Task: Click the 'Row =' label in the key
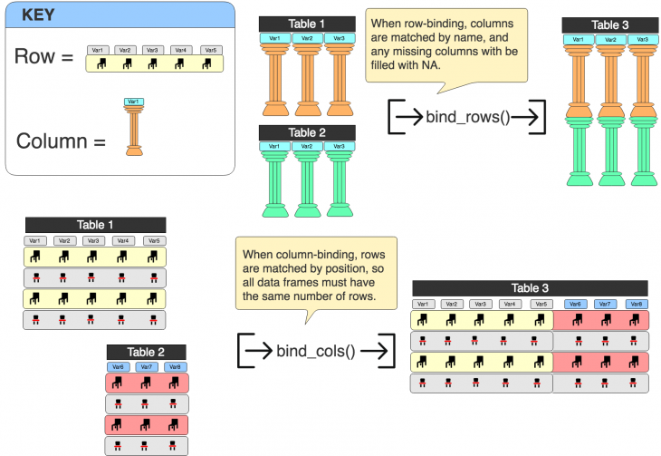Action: click(43, 57)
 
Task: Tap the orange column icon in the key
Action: click(134, 132)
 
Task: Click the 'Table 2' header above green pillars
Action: click(307, 132)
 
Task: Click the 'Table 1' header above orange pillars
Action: click(307, 24)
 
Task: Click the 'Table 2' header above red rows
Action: click(147, 352)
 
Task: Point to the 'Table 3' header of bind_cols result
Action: click(530, 287)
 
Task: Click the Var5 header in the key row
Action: click(211, 50)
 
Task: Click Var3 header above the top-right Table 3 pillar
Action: click(642, 40)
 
